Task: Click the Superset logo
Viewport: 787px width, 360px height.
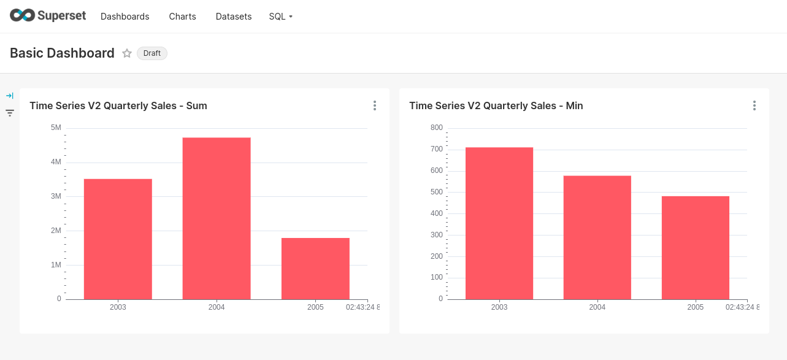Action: tap(48, 16)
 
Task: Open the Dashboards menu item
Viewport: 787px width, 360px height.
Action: tap(125, 17)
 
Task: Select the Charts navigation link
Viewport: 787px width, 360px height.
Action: tap(182, 17)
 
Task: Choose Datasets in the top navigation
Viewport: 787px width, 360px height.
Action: tap(234, 17)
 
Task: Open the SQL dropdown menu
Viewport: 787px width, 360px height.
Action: tap(280, 17)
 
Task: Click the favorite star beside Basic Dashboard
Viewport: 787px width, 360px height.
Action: tap(127, 53)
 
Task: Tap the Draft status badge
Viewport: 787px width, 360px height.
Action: tap(152, 53)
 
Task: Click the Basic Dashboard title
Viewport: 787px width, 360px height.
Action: tap(62, 53)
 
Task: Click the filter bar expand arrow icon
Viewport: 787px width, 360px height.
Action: tap(10, 96)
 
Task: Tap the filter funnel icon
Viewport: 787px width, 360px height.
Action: tap(10, 113)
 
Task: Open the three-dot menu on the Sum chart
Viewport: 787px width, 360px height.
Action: tap(375, 105)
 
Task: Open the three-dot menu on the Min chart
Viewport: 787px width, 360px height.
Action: tap(754, 105)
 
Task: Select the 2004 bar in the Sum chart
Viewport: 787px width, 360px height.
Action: tap(217, 218)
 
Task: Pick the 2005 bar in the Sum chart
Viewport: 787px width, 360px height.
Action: tap(315, 268)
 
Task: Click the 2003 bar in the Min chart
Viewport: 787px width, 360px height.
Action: tap(499, 223)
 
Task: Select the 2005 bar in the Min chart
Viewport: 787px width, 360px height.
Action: tap(696, 247)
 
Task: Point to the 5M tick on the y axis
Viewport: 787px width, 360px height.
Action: tap(56, 128)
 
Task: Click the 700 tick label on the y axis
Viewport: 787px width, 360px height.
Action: tap(436, 149)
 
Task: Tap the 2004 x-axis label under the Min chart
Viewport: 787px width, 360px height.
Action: tap(597, 307)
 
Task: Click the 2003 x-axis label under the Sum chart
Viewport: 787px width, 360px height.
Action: tap(118, 307)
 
